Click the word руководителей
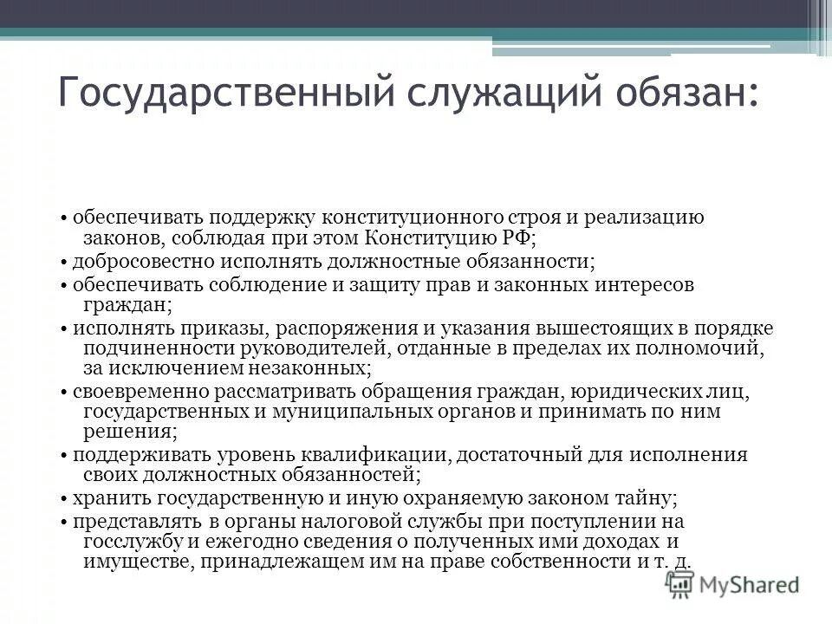pos(321,348)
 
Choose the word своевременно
pos(129,391)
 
